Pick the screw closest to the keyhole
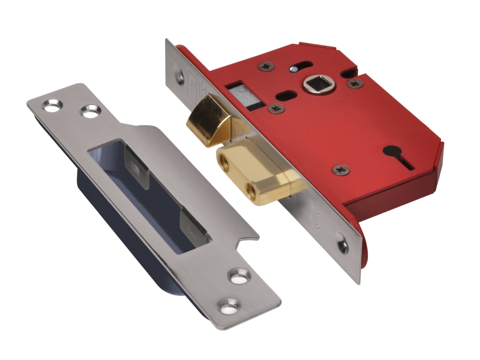(340, 170)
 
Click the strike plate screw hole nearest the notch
(236, 276)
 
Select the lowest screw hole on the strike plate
(231, 305)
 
